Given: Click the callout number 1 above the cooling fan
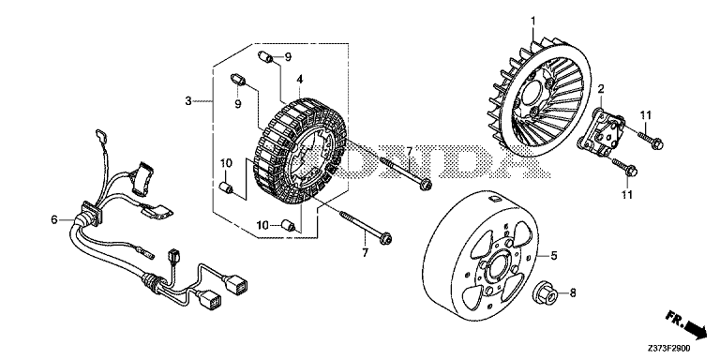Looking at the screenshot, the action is [533, 21].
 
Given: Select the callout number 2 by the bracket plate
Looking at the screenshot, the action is [601, 89].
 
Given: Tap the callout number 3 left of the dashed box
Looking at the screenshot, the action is [188, 101].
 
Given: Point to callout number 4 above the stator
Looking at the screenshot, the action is [299, 80].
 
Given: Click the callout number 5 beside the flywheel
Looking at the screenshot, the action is [554, 255].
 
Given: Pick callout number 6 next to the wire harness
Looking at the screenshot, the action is [54, 220].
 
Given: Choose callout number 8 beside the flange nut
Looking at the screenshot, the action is [573, 292].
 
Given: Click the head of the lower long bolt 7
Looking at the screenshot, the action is [385, 238].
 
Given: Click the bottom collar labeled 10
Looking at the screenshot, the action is [287, 225].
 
